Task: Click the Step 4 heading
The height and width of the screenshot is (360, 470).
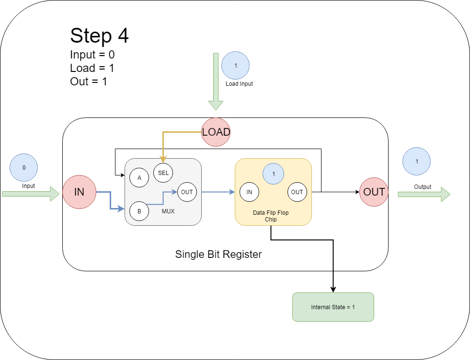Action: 99,36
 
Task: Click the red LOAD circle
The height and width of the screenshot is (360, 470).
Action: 216,132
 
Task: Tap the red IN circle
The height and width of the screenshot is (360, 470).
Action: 79,192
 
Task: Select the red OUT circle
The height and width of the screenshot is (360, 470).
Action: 374,192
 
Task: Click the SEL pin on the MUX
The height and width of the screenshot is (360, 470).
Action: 163,173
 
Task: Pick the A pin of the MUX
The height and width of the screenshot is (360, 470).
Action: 139,177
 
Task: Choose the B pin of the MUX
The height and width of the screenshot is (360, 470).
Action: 139,210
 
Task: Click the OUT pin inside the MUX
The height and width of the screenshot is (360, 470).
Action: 187,192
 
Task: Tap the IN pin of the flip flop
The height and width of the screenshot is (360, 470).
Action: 249,192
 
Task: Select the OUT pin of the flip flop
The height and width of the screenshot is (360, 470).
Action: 297,192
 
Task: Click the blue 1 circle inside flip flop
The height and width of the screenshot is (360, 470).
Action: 273,174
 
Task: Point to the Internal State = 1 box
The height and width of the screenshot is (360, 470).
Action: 333,307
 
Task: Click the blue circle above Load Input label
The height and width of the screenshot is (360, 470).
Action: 235,65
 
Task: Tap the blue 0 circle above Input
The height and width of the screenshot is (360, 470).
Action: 24,168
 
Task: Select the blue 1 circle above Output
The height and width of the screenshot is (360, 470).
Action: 417,161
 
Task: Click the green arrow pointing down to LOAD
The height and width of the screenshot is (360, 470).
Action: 216,81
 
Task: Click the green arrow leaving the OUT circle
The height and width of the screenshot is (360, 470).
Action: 424,194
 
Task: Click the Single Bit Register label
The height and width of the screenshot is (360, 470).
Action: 218,254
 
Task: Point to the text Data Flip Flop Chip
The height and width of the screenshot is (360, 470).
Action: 271,216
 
